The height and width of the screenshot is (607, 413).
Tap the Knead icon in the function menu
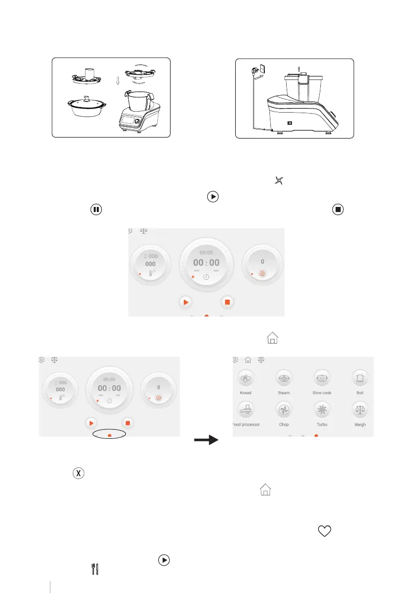[245, 378]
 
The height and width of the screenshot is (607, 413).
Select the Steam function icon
[284, 378]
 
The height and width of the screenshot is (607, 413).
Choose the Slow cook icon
[322, 378]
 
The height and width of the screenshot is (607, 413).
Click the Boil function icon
[360, 378]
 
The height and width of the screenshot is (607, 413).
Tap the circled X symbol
[79, 472]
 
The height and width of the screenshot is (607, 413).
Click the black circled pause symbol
[95, 209]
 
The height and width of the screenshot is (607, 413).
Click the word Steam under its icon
[284, 393]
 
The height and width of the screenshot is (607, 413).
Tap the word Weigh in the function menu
[360, 425]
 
